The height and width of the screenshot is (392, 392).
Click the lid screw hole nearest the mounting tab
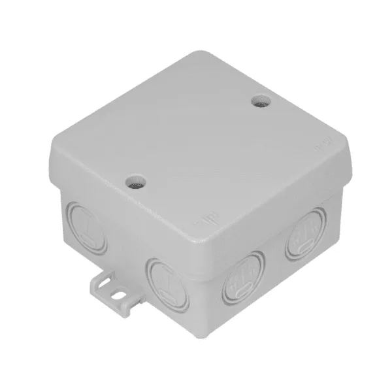(136, 180)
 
